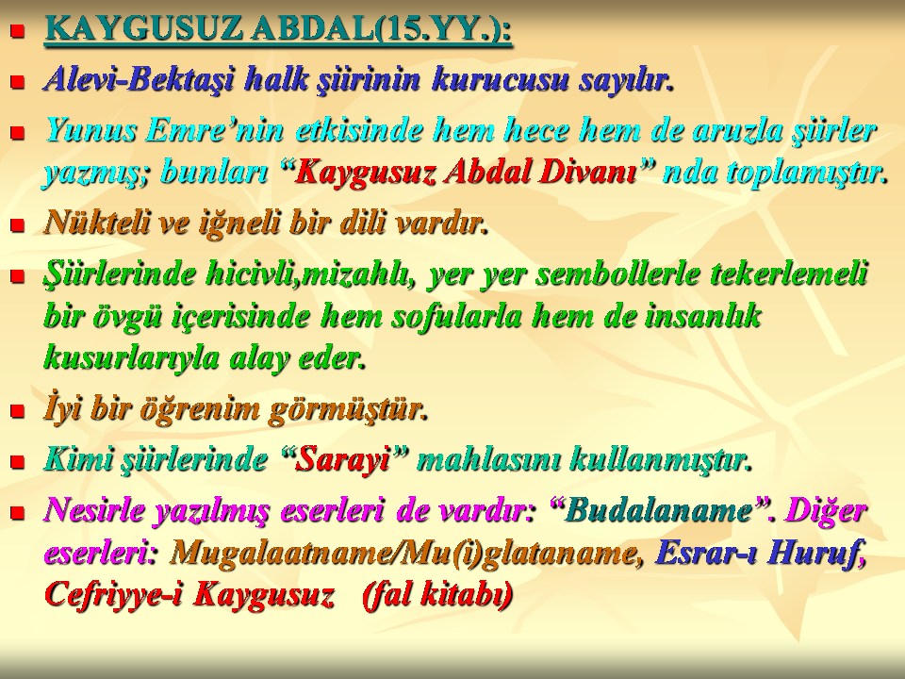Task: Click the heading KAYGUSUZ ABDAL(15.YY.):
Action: click(x=278, y=29)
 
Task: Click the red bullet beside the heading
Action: click(x=18, y=30)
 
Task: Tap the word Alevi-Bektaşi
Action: click(x=140, y=79)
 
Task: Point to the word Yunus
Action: click(x=90, y=129)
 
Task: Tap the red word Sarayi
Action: click(x=343, y=459)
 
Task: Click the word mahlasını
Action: click(x=488, y=459)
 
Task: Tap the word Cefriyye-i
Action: click(x=113, y=595)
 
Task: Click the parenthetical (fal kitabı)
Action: click(x=436, y=595)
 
